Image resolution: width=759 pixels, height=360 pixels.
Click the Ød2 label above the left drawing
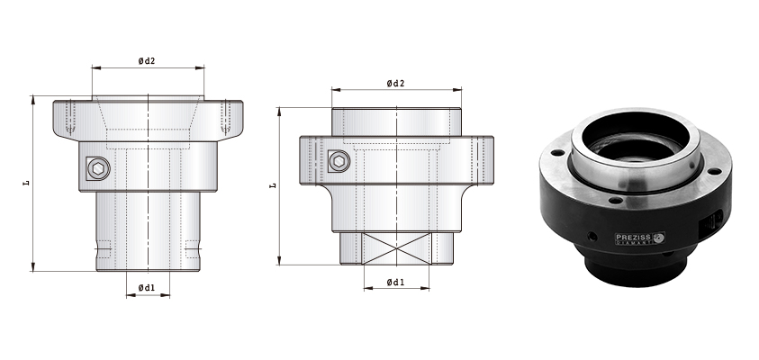coord(147,60)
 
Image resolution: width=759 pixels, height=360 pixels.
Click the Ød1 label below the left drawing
coord(147,287)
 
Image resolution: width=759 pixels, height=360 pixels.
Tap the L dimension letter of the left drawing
coord(27,184)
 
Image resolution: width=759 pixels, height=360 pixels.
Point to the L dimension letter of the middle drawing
coord(274,185)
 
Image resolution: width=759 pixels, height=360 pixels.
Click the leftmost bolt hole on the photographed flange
coord(556,154)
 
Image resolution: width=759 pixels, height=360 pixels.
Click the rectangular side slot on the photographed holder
coord(715,220)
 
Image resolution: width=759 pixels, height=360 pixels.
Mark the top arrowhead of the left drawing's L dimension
coord(33,98)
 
